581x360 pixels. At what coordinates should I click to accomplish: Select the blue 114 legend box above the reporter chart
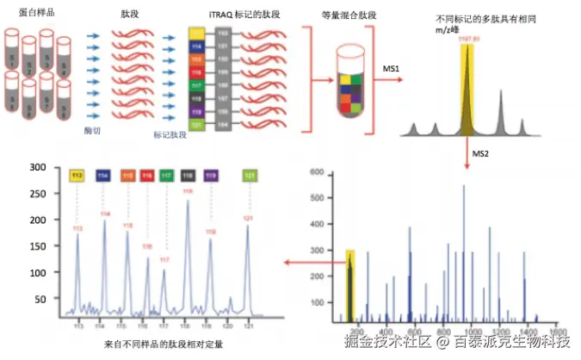[103, 176]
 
